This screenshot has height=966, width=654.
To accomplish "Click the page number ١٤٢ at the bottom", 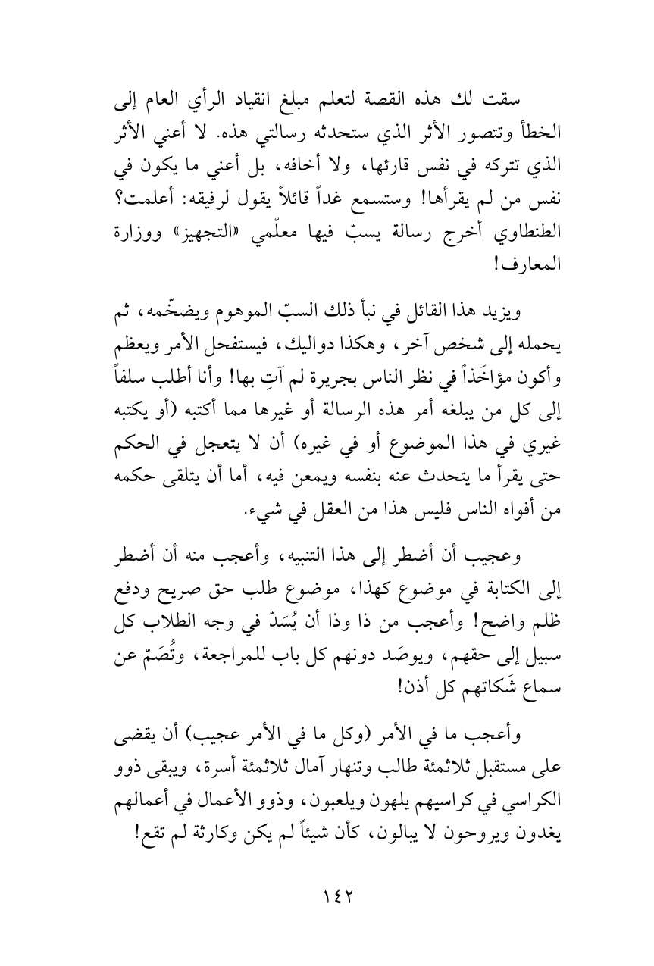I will point(327,896).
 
